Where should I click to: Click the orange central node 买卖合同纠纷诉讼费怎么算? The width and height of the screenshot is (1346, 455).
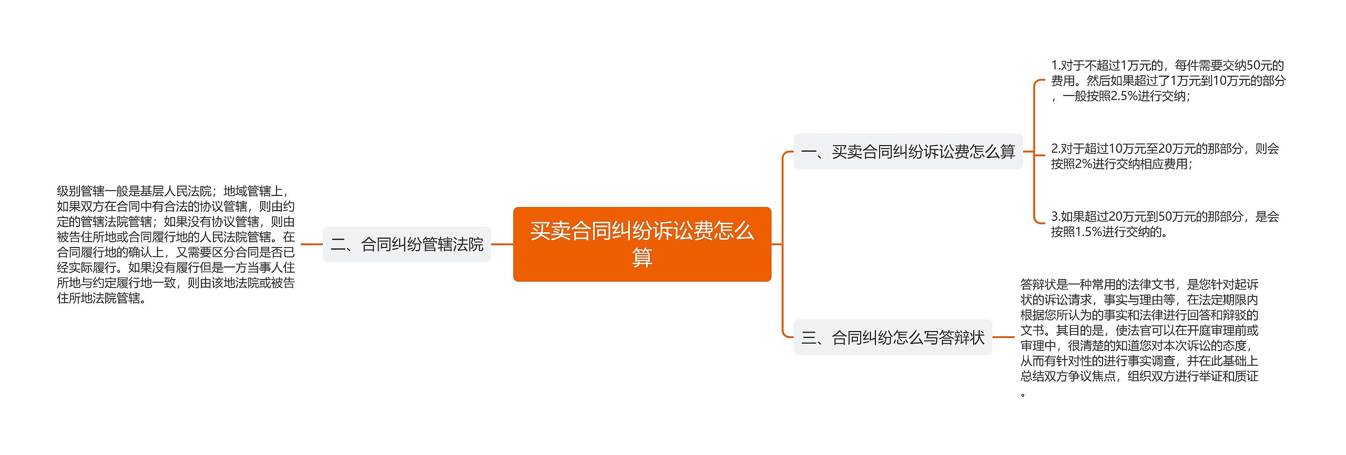(x=642, y=244)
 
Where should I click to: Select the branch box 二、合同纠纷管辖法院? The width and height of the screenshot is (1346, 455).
(x=407, y=244)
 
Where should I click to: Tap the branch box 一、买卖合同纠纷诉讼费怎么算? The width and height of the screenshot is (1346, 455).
(x=908, y=152)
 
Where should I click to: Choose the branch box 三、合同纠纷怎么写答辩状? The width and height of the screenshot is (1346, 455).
(x=893, y=337)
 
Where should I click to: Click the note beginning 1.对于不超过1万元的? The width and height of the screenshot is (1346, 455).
(x=1168, y=81)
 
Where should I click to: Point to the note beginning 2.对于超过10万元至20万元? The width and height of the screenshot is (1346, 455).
(x=1165, y=157)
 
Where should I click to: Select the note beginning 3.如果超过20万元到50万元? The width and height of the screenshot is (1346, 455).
(x=1165, y=224)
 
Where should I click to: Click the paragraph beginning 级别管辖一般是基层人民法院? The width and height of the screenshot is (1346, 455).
(x=176, y=245)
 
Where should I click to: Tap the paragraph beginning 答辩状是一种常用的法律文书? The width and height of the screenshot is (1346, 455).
(x=1139, y=338)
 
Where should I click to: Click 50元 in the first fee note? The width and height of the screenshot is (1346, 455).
(x=1259, y=66)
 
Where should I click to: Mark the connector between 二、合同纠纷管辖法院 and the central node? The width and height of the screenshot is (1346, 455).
(x=502, y=244)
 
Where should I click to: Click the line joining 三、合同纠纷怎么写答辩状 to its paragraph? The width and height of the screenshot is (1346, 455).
(x=1003, y=337)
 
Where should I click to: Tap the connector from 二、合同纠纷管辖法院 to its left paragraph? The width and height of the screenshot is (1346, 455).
(x=312, y=244)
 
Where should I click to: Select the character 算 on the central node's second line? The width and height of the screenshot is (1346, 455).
(x=642, y=257)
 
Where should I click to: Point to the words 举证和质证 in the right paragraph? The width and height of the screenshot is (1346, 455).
(x=1229, y=377)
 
